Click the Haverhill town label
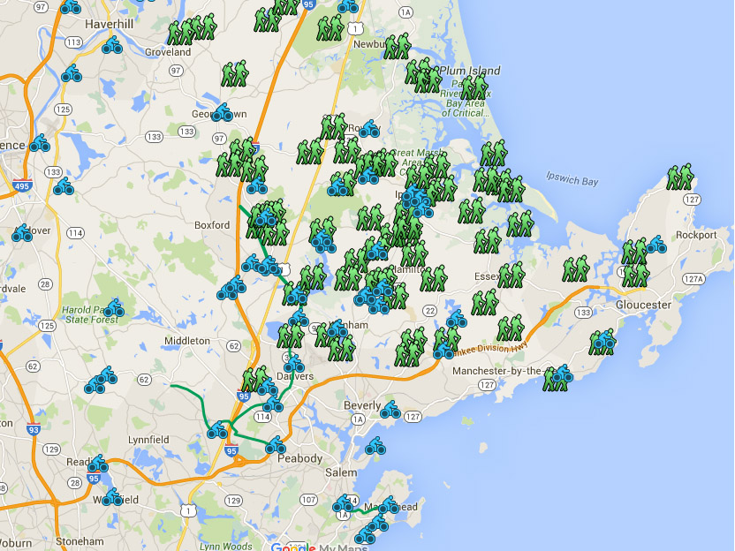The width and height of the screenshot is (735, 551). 109,24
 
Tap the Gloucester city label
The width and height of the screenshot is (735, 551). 642,305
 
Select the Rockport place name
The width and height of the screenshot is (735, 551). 695,235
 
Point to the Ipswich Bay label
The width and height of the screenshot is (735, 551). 572,181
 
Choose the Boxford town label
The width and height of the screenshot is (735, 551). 212,225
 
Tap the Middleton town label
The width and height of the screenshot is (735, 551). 187,340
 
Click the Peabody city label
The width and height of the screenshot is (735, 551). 300,459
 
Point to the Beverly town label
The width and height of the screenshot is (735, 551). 362,405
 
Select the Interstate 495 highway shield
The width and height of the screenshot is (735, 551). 23,187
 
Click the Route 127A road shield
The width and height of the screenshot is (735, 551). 694,279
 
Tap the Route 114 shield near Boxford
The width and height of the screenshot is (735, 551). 75,233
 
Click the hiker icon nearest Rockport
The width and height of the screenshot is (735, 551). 679,177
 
